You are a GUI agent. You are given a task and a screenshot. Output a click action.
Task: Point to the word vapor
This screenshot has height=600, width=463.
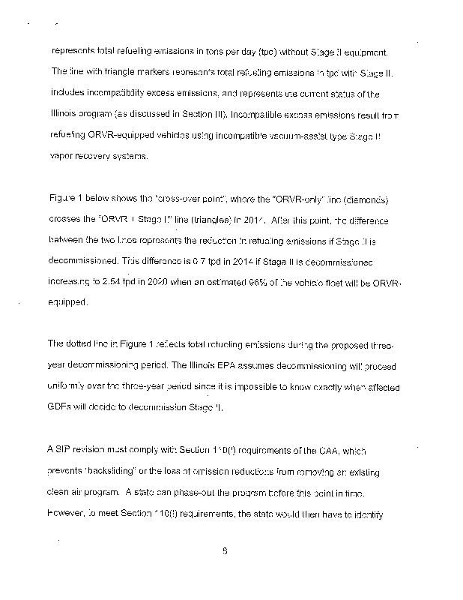pos(63,157)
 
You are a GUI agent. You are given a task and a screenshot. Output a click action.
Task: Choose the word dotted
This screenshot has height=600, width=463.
pos(82,344)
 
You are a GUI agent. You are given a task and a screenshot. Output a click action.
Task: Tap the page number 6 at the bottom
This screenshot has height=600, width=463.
pos(225,553)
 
